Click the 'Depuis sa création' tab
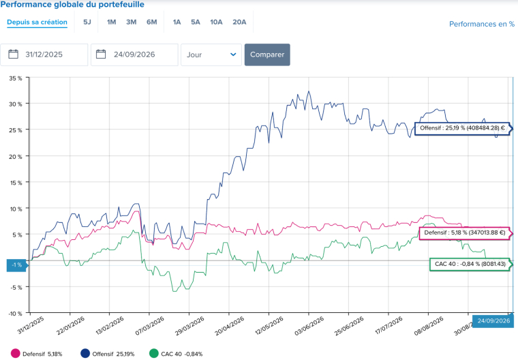pos(37,22)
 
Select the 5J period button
pos(87,22)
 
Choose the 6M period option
pos(151,22)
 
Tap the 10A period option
pos(216,22)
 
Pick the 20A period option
pos(239,22)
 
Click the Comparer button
pos(267,55)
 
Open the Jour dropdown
pos(211,55)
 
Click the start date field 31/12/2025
pos(44,55)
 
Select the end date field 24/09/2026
pos(134,55)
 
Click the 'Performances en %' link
pos(482,24)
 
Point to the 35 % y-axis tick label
pos(16,78)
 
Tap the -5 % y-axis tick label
pos(16,287)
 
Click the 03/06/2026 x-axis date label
pos(309,326)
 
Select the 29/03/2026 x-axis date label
pos(189,326)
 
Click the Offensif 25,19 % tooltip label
pos(463,128)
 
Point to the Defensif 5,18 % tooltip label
pos(465,232)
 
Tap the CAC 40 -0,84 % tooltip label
pos(470,264)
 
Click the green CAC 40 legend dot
pos(154,353)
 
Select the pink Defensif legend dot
pos(16,353)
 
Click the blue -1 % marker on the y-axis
pos(16,265)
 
